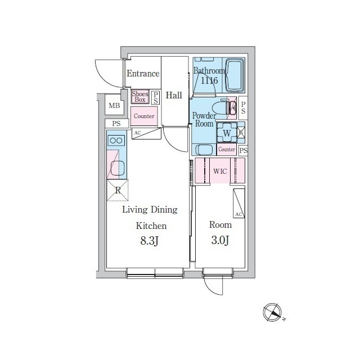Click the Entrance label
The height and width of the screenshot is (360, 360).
143,74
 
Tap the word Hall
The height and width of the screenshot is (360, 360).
174,95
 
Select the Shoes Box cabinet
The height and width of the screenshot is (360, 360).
140,97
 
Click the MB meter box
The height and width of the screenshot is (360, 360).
114,106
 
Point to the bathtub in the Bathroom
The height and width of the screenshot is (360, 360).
235,75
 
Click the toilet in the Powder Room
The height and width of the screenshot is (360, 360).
223,107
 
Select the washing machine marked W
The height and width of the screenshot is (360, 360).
227,133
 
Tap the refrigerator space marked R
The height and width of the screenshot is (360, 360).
118,190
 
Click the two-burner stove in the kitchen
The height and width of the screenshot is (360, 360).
116,141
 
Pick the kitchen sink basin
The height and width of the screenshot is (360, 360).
118,168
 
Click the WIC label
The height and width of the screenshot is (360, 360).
220,171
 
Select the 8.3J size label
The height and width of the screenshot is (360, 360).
150,241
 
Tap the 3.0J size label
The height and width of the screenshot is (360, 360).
220,241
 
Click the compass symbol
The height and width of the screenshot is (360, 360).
272,313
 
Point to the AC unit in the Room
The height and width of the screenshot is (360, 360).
238,204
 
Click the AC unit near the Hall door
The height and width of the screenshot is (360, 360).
146,134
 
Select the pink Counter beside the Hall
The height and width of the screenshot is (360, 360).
144,116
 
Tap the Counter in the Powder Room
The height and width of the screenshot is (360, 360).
227,150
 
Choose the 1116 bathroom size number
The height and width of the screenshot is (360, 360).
209,80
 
